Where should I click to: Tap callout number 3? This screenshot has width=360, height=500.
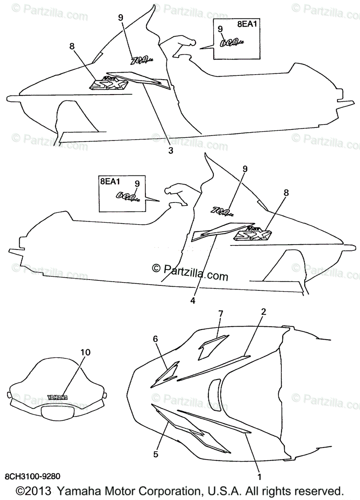[170, 151]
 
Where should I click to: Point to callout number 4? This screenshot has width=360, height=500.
[192, 299]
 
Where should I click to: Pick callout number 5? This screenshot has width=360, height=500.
[156, 454]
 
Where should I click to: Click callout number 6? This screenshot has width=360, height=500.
[155, 339]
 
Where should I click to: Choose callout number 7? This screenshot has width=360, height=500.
[221, 313]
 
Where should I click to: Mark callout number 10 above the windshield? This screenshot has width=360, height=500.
[85, 352]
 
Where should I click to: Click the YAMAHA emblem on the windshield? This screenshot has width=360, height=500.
[57, 397]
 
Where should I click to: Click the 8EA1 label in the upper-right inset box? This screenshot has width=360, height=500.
[247, 24]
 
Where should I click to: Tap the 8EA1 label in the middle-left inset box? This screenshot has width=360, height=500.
[110, 181]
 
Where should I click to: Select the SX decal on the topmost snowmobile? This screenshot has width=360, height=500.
[109, 83]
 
